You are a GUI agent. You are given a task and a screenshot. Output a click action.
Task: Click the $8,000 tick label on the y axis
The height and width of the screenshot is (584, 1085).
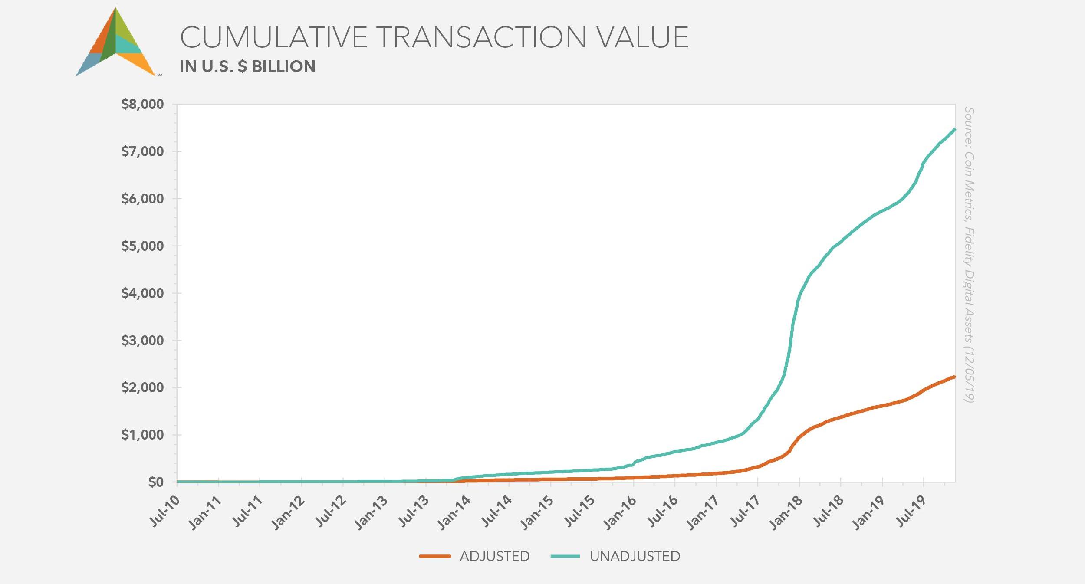[142, 105]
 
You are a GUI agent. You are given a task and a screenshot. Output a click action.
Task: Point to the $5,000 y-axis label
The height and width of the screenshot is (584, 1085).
[142, 246]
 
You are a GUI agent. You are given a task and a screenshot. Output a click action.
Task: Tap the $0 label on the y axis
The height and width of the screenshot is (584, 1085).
[156, 482]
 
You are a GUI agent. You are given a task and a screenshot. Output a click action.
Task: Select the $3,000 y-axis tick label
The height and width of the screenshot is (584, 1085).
[142, 341]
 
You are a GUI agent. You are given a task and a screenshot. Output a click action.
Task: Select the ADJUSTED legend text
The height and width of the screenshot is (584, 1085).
[495, 556]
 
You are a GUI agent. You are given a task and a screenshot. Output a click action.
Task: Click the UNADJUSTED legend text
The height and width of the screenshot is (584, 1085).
[635, 556]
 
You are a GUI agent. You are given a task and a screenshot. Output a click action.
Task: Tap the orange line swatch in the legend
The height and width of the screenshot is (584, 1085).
[435, 556]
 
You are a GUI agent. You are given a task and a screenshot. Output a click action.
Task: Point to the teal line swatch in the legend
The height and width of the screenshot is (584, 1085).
[565, 556]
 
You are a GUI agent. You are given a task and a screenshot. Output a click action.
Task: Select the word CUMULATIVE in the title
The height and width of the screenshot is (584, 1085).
[274, 37]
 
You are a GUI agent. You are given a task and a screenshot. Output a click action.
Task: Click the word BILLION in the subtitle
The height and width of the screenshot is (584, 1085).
[284, 66]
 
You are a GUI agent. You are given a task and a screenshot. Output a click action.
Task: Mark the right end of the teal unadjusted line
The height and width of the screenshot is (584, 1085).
[954, 129]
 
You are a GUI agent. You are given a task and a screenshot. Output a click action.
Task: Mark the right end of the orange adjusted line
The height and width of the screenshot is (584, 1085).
[954, 377]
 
